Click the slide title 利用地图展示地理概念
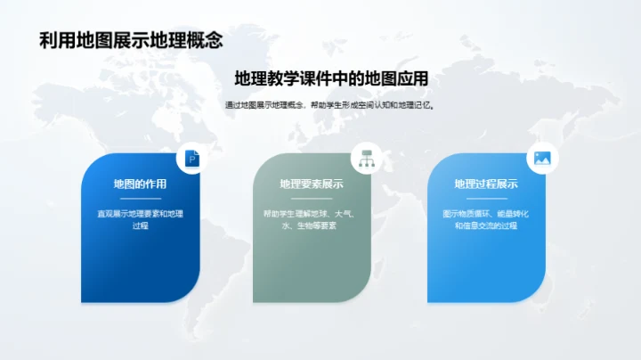131,41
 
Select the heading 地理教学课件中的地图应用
331,79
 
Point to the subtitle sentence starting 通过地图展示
330,104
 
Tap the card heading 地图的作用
140,184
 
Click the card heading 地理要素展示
312,184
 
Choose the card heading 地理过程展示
486,184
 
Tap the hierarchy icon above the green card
366,159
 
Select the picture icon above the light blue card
540,159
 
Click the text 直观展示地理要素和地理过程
140,220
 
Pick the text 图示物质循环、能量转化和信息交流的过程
486,220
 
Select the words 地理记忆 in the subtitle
415,104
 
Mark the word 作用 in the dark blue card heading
156,184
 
